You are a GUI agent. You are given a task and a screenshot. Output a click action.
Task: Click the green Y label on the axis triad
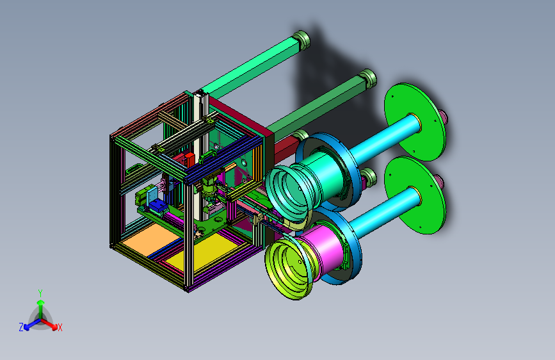[40, 293]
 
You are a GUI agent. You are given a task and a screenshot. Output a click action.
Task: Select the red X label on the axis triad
[60, 327]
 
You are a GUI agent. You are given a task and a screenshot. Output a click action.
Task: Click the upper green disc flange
[415, 122]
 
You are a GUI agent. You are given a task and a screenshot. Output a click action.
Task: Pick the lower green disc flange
[415, 195]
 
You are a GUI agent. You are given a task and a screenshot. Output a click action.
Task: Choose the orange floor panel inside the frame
[150, 239]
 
